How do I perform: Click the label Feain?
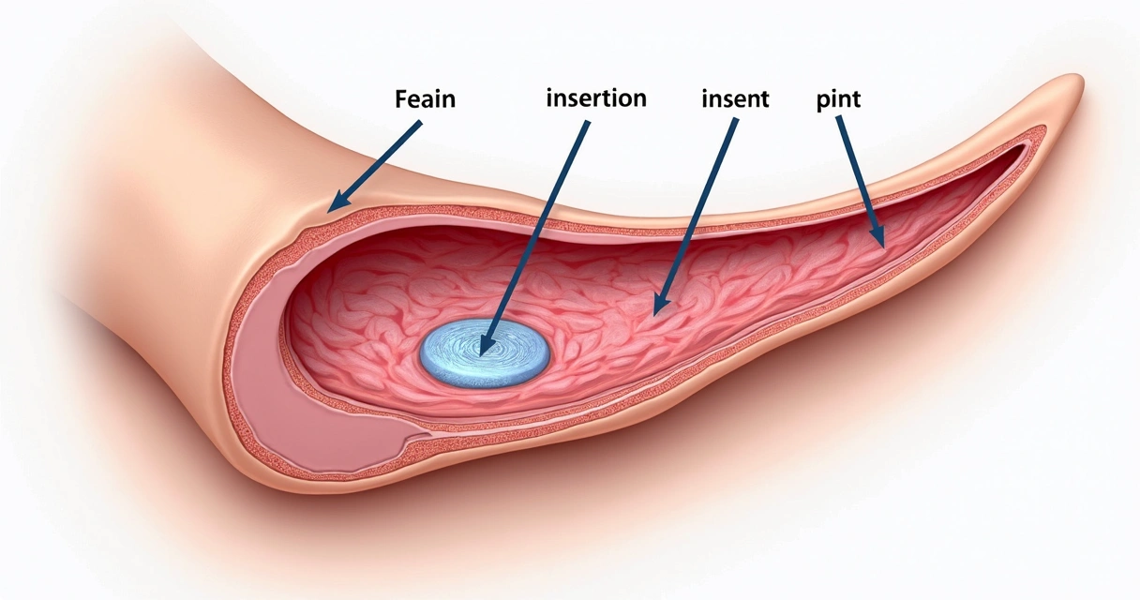(426, 98)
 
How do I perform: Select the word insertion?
(596, 97)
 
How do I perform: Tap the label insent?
(735, 98)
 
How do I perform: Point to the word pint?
(838, 98)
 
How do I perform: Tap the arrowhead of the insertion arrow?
(484, 348)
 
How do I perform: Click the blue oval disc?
(484, 352)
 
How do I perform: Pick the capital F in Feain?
(401, 98)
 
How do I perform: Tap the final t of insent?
(763, 98)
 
